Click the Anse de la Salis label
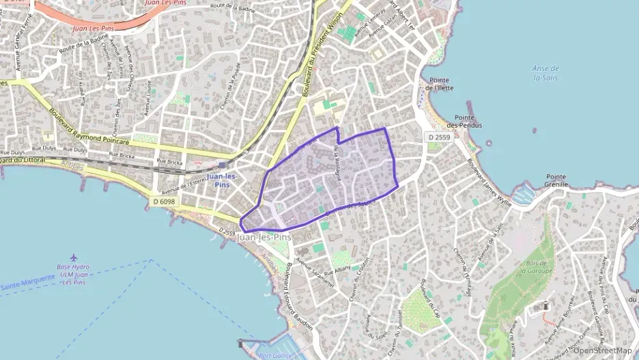tap(545, 73)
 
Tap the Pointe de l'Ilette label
tap(439, 84)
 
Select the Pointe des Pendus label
tap(464, 122)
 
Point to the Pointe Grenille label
tap(556, 180)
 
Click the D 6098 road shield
tap(164, 201)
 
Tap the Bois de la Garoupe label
tap(535, 266)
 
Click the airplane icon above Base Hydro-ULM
tap(73, 258)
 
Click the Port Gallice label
tap(276, 355)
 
